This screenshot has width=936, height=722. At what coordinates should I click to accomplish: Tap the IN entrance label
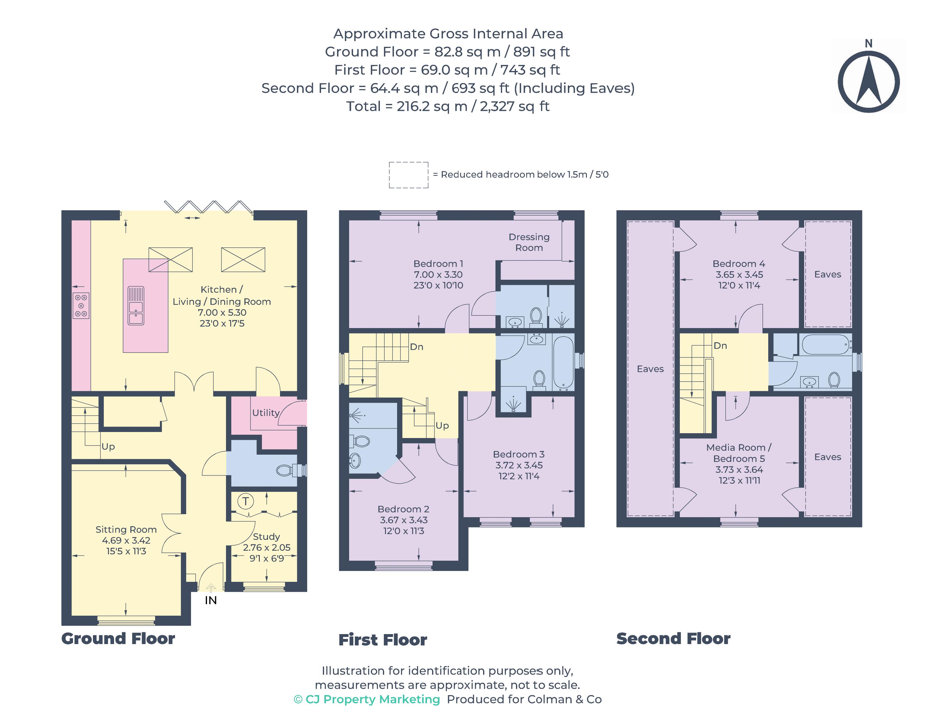point(210,600)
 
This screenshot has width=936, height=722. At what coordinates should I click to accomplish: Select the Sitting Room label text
point(126,529)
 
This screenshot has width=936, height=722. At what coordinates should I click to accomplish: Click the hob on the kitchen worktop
point(81,305)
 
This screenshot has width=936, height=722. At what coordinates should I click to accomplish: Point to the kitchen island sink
point(136,305)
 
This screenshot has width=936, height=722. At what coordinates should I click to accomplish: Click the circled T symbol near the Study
point(246,501)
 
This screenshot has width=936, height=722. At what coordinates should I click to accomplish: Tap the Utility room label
point(266,413)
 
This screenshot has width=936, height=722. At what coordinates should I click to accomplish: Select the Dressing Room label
point(529,242)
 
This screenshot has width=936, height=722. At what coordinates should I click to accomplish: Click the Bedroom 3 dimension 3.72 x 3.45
point(519,465)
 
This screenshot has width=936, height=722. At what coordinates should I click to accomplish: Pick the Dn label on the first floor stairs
point(417,346)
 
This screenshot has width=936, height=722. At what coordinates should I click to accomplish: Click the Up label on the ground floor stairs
point(108,446)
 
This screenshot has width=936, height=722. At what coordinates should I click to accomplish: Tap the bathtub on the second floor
point(826,344)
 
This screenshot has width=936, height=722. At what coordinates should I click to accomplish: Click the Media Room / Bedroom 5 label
point(739,453)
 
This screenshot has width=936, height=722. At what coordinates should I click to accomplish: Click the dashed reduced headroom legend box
point(409,175)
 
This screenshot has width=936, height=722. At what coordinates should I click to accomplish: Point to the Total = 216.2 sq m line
point(448,106)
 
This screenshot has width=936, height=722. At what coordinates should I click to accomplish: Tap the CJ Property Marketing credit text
point(367,699)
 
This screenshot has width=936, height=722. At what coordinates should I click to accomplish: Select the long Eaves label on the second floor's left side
point(650,369)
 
